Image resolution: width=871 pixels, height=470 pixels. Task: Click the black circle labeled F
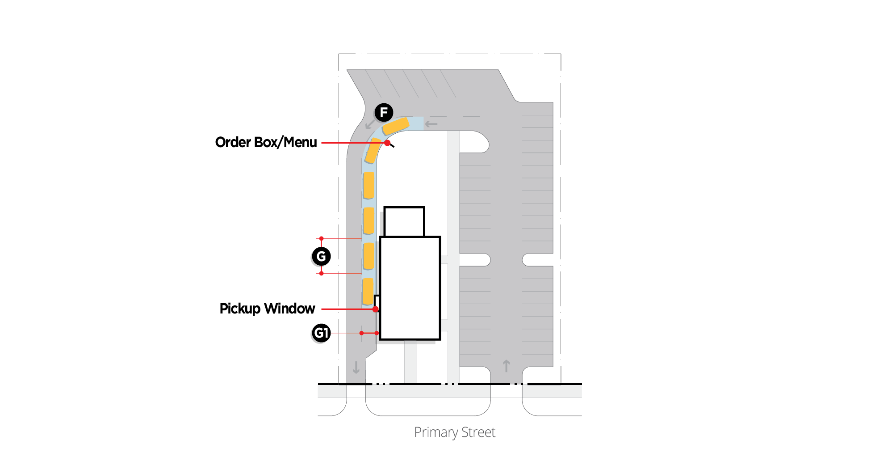point(384,112)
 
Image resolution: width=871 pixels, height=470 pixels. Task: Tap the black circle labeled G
point(321,256)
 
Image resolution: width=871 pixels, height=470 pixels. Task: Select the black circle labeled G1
point(321,333)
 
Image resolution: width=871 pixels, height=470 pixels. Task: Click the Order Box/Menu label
point(266,142)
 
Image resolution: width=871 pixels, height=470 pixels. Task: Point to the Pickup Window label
point(267,309)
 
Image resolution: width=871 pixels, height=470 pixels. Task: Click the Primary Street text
point(454,432)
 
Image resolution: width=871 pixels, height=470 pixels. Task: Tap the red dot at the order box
point(387,143)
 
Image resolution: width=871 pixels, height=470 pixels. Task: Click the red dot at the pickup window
point(376,309)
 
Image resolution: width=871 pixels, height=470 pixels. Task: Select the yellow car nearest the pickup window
point(368,291)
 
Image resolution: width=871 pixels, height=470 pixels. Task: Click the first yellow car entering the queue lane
point(396,126)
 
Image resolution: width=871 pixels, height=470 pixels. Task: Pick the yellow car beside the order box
point(373,150)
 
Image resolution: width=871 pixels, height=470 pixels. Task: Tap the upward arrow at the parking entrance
point(506,366)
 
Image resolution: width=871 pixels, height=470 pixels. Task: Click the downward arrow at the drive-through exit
point(356,367)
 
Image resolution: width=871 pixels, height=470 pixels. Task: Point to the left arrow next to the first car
point(431,124)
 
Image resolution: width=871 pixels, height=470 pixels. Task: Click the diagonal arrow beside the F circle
point(370,124)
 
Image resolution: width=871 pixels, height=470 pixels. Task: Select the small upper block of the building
point(404,221)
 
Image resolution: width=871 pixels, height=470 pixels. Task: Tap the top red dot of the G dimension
point(321,238)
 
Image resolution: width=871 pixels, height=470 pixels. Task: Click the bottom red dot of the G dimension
point(321,273)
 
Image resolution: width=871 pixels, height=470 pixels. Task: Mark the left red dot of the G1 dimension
point(361,333)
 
